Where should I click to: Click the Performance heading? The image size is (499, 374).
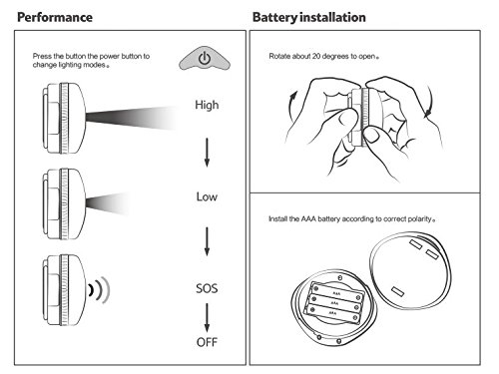point(55,17)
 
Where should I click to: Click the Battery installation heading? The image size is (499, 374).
point(309,17)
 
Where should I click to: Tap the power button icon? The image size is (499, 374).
point(205,59)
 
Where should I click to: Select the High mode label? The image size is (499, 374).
point(207,105)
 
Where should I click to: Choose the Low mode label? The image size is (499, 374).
point(207,196)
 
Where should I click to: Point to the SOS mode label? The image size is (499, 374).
point(207,288)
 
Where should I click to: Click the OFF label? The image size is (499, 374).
point(207,342)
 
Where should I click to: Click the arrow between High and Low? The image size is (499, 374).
point(207,153)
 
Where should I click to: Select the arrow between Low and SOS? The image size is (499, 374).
point(207,241)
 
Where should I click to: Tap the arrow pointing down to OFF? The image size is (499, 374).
point(207,317)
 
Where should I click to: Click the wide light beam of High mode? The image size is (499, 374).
point(132,118)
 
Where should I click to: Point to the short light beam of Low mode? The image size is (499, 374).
point(108,202)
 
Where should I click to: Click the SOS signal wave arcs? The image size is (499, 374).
point(99,290)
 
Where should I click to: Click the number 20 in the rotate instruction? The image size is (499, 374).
point(316,56)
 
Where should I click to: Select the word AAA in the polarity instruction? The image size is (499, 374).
point(308,219)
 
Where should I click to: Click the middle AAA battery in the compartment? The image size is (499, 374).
point(334,303)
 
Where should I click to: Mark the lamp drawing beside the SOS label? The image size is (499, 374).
point(64,290)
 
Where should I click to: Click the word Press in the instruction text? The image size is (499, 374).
point(42,56)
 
